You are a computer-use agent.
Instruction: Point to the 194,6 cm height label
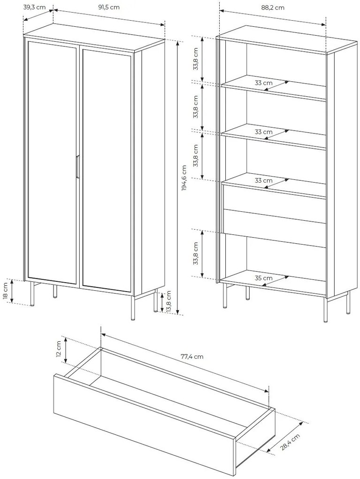(x=184, y=178)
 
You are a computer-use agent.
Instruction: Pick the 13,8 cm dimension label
(x=169, y=302)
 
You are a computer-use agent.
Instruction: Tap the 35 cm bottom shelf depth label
(x=263, y=278)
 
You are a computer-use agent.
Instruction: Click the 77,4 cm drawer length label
(x=192, y=356)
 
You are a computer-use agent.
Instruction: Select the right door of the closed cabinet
(x=106, y=171)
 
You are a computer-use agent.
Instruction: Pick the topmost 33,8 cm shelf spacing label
(x=196, y=59)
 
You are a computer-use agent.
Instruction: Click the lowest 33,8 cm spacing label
(x=196, y=253)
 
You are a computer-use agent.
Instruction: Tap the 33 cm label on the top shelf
(x=263, y=83)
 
